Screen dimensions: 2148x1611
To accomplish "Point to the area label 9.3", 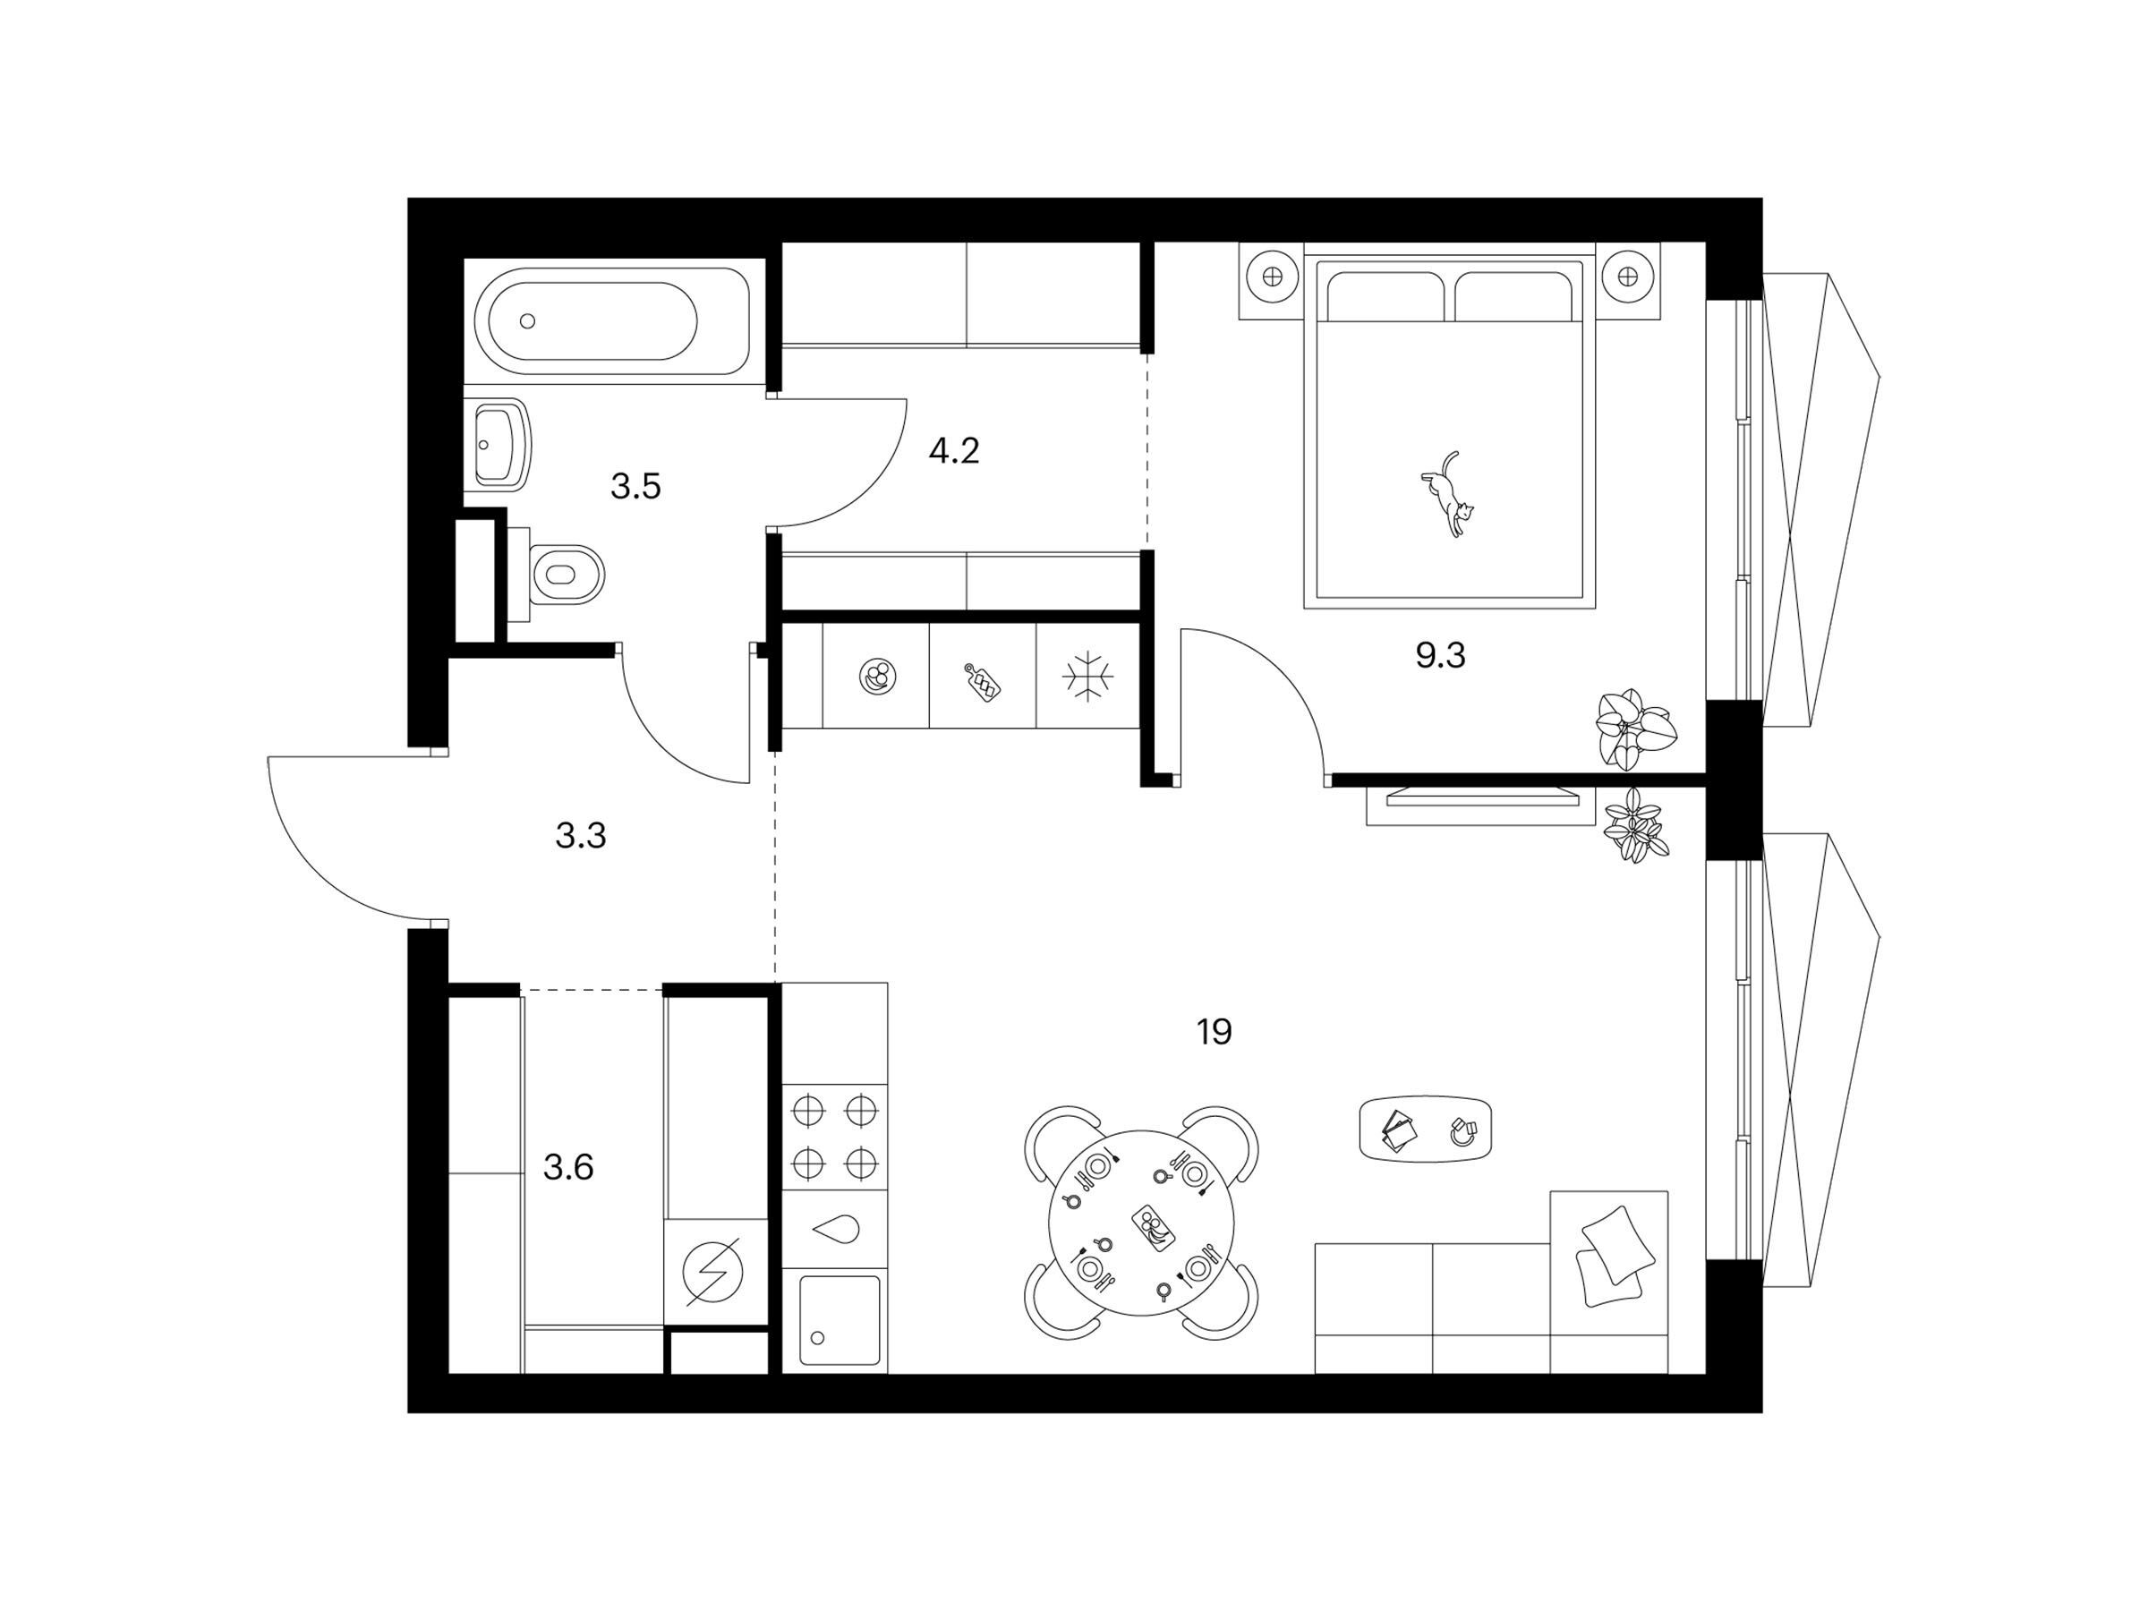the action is pos(1440,656).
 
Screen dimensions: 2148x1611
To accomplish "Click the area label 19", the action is pos(1214,1031).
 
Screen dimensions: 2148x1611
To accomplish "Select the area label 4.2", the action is pos(953,450).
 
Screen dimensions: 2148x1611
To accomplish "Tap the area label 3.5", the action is pos(635,485).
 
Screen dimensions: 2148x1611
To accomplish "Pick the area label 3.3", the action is pos(581,834).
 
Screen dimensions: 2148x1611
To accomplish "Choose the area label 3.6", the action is pos(568,1166).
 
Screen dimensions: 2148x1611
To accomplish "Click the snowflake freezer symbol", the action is pos(1087,676).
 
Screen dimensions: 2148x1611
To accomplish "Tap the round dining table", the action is pos(1141,1223).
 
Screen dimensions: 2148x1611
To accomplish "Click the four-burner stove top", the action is pos(835,1136).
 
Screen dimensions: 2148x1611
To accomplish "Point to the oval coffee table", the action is pos(1427,1129).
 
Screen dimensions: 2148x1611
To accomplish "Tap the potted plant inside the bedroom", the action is pos(1635,729).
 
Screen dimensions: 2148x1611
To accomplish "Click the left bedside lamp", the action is pos(1272,277).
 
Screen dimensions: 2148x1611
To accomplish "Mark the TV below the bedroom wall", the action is pos(1481,797).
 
